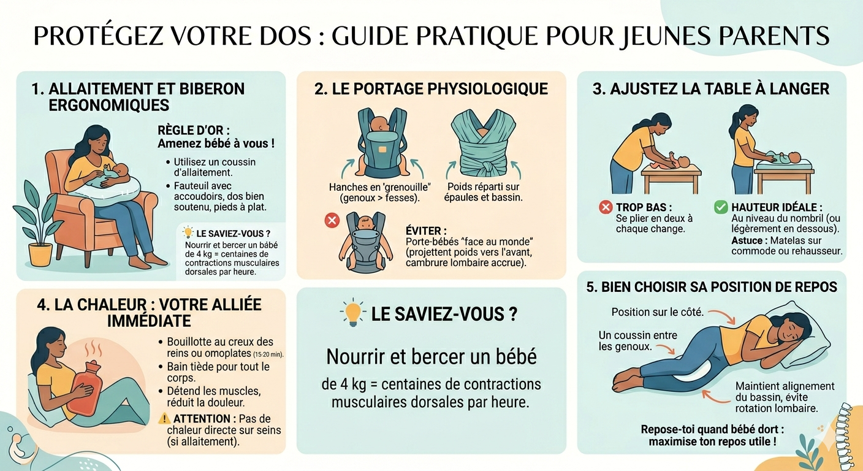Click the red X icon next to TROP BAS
coord(606,207)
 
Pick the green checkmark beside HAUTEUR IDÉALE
coord(721,207)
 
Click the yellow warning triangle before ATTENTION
coord(164,418)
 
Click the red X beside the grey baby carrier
coord(332,220)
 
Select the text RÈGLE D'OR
coord(194,130)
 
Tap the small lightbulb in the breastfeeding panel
coord(188,232)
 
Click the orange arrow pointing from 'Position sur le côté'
coord(722,316)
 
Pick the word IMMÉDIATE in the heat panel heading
coord(149,321)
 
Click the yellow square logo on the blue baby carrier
coord(382,149)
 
